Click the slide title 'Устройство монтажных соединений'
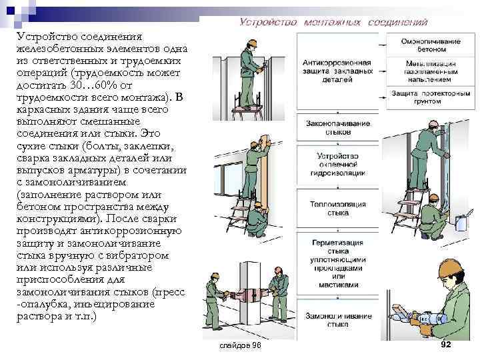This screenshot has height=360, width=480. (x=333, y=22)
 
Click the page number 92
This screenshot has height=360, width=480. (x=447, y=344)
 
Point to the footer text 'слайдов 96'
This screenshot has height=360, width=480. (x=240, y=346)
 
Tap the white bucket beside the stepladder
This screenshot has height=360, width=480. (x=461, y=225)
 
